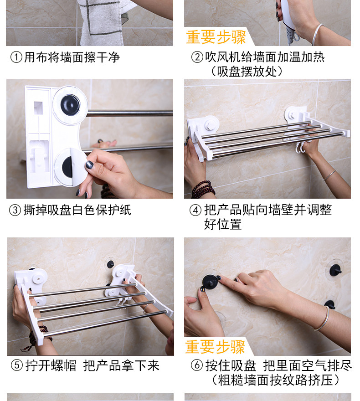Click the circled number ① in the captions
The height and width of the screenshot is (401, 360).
pos(16,57)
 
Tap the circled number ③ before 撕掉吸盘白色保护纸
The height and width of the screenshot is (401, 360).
pos(15,210)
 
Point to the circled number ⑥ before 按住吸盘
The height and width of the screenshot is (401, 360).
pos(197,365)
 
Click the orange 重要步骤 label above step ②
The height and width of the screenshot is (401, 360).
pos(216,37)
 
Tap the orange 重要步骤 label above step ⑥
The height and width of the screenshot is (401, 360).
pos(215,347)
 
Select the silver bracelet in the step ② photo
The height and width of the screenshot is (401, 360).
pos(318,34)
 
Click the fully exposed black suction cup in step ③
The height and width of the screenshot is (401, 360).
pos(70,105)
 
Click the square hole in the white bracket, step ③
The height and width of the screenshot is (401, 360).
pos(38,108)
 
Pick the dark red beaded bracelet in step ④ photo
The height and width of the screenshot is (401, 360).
pos(203,190)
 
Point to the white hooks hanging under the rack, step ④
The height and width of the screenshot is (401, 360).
pos(300,147)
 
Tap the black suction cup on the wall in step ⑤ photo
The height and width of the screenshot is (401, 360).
pos(110,264)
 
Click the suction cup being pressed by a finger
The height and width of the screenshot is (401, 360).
pos(210,282)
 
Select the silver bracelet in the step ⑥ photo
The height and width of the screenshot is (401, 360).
pos(323,319)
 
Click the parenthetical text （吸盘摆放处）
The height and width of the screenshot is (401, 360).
pos(247,72)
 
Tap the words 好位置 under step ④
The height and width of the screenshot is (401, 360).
pos(223,224)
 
